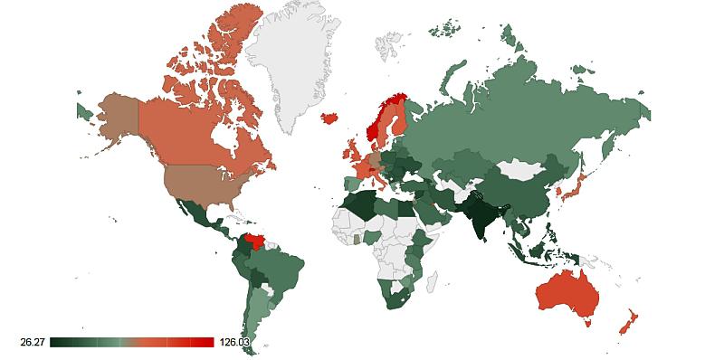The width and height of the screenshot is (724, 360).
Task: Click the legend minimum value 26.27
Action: (33, 342)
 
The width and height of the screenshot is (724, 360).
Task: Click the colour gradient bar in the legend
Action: (132, 342)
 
